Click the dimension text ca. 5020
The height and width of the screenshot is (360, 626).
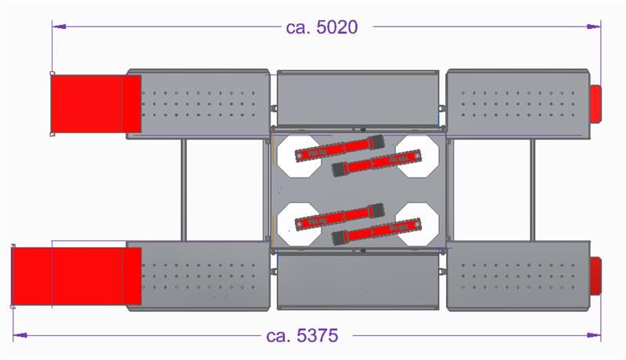pyautogui.click(x=322, y=27)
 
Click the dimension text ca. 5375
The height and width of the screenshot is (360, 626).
pyautogui.click(x=301, y=336)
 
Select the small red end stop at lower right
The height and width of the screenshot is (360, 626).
pyautogui.click(x=595, y=276)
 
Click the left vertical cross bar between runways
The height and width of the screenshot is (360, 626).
pyautogui.click(x=184, y=190)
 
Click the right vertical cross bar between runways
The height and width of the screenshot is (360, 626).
pyautogui.click(x=532, y=190)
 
